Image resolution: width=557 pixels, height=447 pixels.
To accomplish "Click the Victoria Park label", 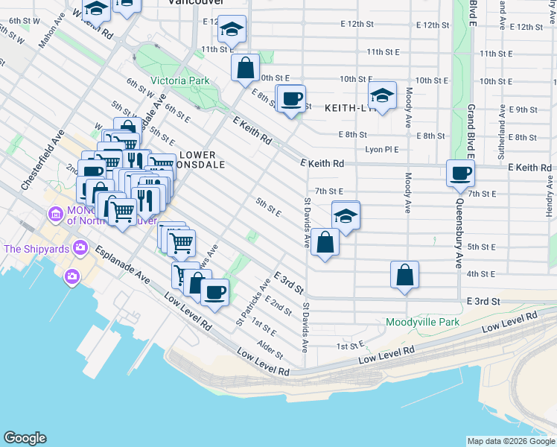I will coord(179,80).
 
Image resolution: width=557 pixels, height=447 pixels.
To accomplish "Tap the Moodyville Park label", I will coord(423,322).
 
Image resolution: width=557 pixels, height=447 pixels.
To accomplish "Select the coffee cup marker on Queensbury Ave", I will coord(459,174).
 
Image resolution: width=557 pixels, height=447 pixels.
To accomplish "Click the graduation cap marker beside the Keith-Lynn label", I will coord(382,97).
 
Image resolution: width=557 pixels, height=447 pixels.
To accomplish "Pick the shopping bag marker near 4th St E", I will coord(404,275).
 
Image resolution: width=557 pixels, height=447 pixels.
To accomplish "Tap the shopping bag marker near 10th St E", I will coord(245,69).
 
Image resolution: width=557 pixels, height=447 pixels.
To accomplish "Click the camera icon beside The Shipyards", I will coord(72,276).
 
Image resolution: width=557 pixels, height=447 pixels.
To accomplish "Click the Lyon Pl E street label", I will coord(383,150).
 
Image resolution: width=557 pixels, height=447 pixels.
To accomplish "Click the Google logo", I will coord(25,438).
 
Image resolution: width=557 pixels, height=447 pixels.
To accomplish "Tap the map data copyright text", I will coord(510,441).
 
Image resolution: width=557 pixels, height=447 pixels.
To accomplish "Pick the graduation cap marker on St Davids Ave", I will coord(346,217).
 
